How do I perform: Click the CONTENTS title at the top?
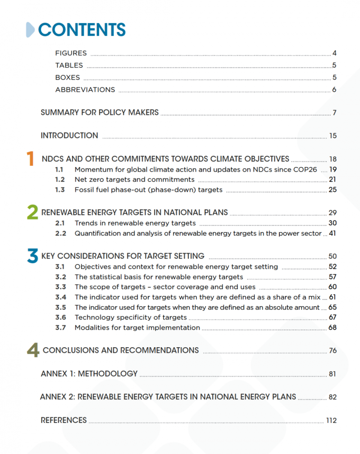(x=81, y=30)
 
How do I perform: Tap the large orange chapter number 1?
(x=30, y=159)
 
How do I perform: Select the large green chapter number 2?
(x=32, y=212)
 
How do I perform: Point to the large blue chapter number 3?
(x=32, y=256)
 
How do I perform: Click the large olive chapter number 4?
(x=33, y=350)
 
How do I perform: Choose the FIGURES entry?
(x=71, y=53)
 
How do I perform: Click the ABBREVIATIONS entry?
(x=85, y=90)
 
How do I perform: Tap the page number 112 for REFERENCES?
(x=331, y=421)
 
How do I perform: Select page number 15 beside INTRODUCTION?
(x=333, y=136)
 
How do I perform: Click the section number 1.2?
(x=60, y=180)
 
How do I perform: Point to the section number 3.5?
(x=60, y=308)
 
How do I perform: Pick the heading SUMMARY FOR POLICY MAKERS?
(x=99, y=113)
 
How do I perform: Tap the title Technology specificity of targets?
(x=130, y=318)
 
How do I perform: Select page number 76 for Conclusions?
(x=333, y=351)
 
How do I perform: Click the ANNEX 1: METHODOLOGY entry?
(x=89, y=374)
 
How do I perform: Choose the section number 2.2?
(x=60, y=233)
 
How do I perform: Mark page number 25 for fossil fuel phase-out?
(x=333, y=190)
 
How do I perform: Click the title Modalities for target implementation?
(x=137, y=327)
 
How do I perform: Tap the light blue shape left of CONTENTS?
(x=30, y=30)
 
